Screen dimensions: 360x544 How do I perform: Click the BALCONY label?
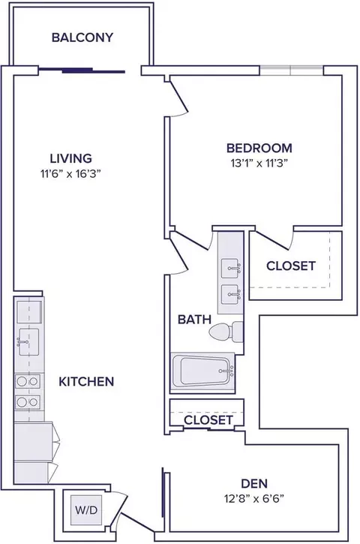82,37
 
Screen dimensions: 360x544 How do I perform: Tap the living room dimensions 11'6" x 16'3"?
70,173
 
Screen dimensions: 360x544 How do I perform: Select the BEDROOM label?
259,148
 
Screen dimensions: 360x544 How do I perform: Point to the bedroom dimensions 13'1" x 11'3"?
259,163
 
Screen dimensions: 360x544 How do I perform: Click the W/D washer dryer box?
86,510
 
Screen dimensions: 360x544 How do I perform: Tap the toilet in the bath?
226,332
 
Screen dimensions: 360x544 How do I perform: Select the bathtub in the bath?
202,371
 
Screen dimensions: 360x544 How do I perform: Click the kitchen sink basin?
28,342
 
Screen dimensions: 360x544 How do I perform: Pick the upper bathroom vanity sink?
230,268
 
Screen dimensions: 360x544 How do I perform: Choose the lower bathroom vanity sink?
230,295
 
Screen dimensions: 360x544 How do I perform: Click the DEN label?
254,483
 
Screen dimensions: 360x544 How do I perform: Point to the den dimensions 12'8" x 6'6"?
254,499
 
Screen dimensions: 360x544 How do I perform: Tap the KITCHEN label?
86,382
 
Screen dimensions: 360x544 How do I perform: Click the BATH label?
194,319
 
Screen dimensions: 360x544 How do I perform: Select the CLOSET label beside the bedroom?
291,266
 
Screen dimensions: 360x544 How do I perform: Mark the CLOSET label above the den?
208,420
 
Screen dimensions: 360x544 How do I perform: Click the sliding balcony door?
82,71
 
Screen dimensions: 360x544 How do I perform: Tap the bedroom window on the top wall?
292,70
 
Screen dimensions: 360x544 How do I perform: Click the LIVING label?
71,158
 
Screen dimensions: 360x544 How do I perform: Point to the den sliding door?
162,492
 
